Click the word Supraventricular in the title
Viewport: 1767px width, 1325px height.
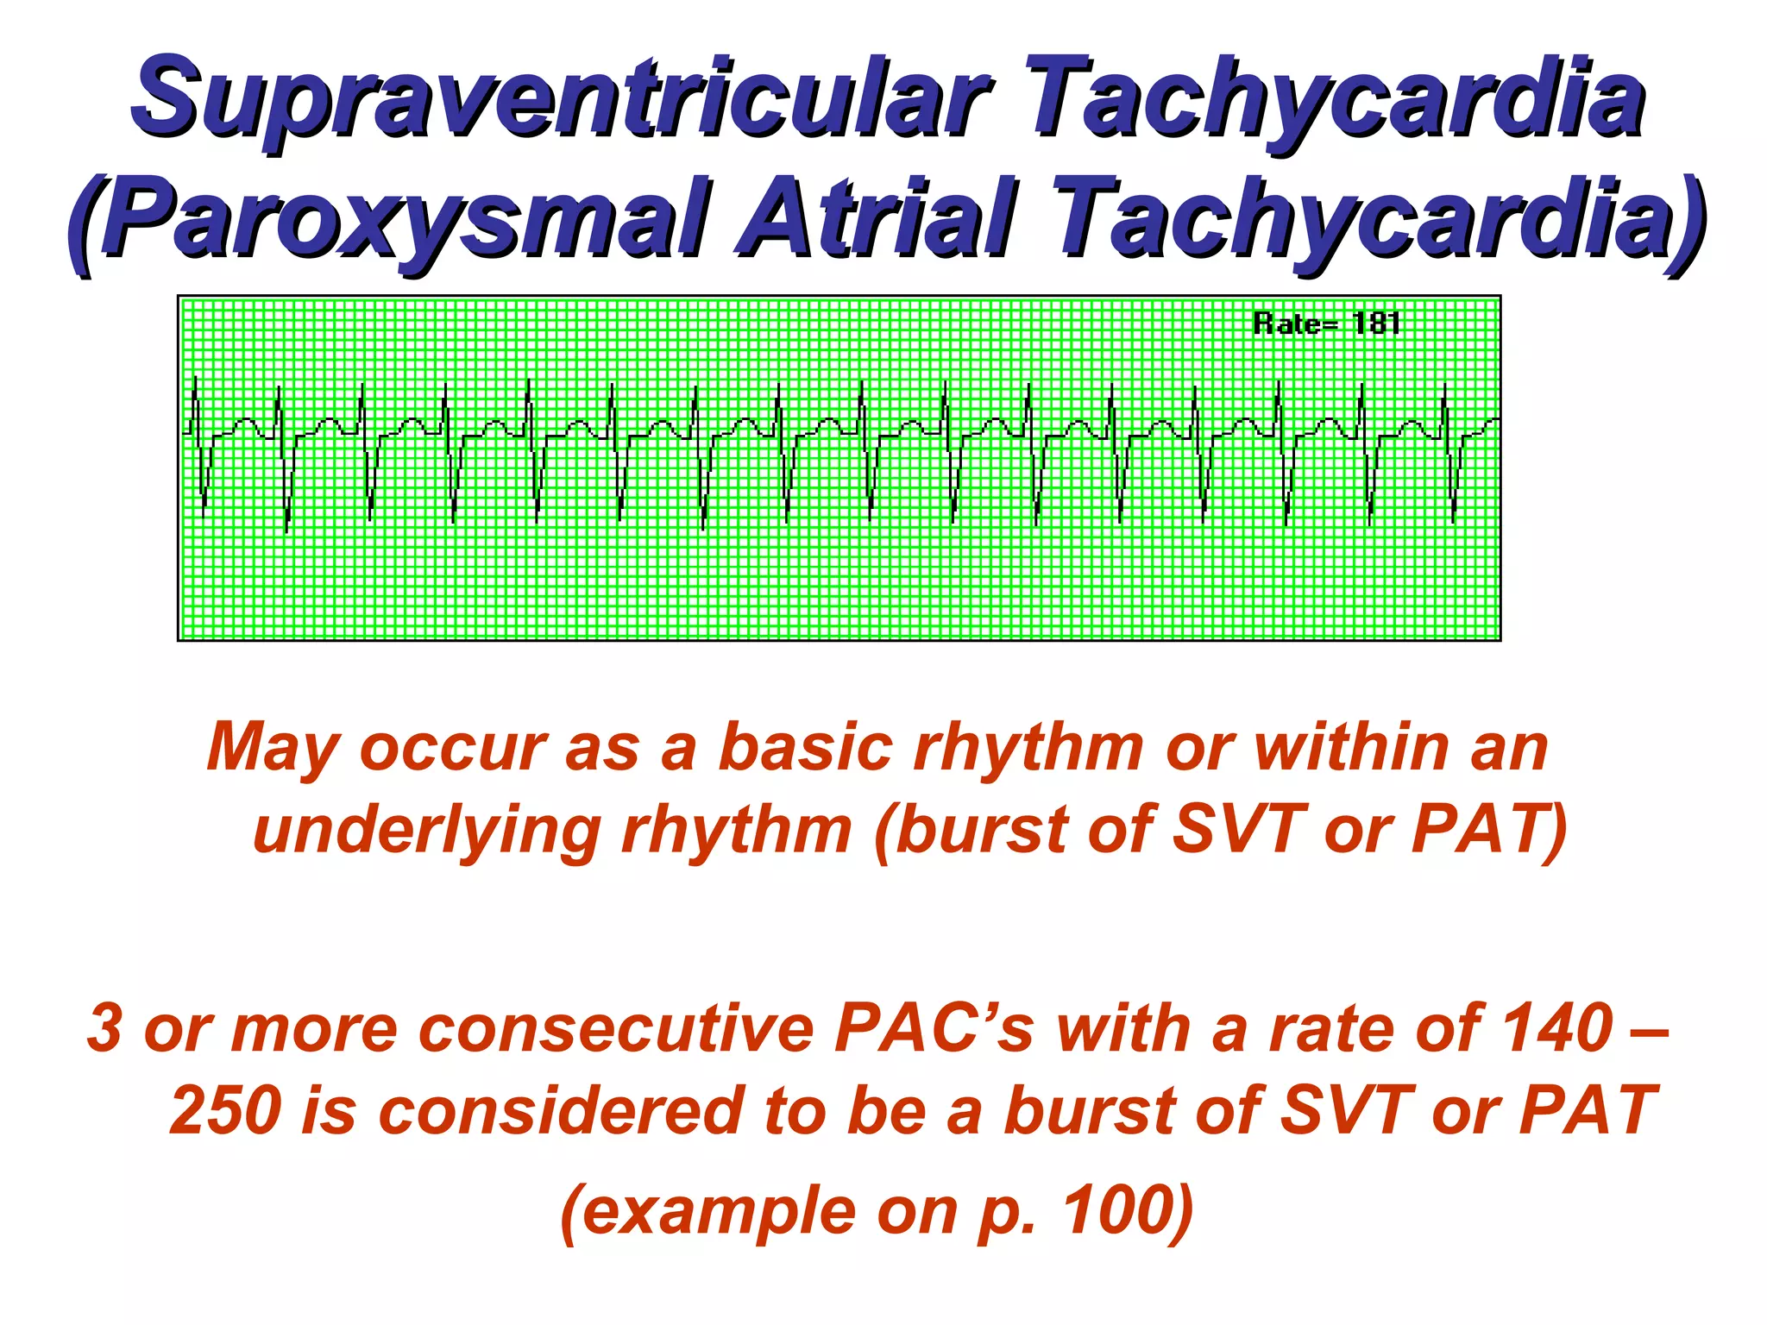pyautogui.click(x=561, y=99)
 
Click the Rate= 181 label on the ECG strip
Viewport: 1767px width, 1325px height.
pyautogui.click(x=1326, y=323)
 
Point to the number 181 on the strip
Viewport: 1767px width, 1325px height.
pyautogui.click(x=1376, y=323)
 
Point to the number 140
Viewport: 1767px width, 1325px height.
pyautogui.click(x=1556, y=1028)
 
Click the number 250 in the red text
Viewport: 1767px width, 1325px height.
pyautogui.click(x=225, y=1111)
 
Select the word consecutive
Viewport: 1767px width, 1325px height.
pyautogui.click(x=617, y=1028)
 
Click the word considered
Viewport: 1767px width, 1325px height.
pyautogui.click(x=560, y=1111)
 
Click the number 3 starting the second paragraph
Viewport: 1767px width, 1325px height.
pyautogui.click(x=104, y=1028)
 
